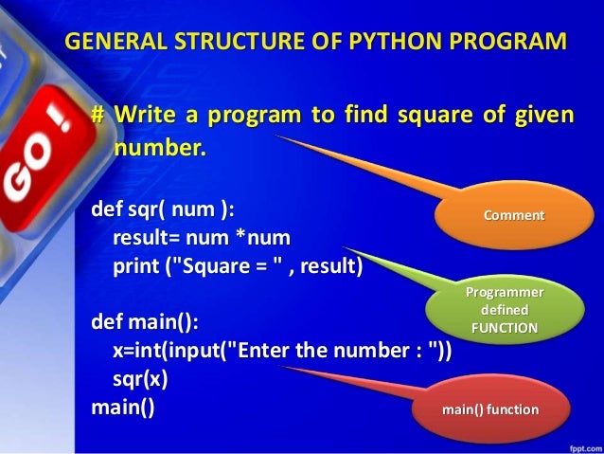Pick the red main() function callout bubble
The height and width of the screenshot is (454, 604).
(x=490, y=410)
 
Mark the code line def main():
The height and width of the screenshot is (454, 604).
(x=144, y=323)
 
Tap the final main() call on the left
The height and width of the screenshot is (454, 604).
(x=122, y=409)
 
